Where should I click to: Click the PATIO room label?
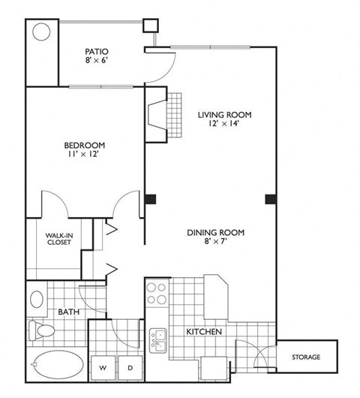[97, 51]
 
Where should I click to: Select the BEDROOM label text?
[83, 144]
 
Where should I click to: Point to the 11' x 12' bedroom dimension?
[83, 154]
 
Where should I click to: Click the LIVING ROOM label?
[223, 115]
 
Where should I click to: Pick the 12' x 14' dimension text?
[223, 125]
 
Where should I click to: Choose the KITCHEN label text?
[203, 330]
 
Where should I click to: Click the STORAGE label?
[306, 357]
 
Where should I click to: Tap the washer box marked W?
[104, 367]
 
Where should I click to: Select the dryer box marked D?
[129, 367]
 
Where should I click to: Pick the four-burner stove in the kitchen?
[157, 293]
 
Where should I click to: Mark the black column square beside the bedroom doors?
[151, 199]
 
